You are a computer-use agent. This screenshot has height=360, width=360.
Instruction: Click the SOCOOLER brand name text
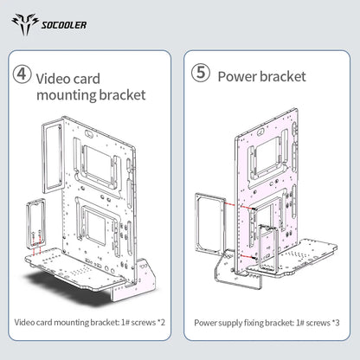click(x=64, y=25)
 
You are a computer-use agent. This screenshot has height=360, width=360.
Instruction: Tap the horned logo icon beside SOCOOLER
click(x=25, y=24)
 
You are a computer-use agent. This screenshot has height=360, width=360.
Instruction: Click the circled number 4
click(x=22, y=74)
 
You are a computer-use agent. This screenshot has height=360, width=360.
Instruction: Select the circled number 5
click(x=201, y=73)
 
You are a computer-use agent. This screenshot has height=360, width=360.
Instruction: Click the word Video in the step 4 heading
click(x=54, y=79)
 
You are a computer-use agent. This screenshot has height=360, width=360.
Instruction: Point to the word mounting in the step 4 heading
click(x=66, y=95)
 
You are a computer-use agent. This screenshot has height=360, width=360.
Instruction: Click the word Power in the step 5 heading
click(x=236, y=77)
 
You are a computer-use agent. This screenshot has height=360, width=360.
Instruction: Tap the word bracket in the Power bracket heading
click(x=283, y=76)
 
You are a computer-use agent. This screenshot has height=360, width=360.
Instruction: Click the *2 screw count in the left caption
click(x=161, y=322)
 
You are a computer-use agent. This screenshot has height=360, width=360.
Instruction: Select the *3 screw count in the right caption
click(x=336, y=323)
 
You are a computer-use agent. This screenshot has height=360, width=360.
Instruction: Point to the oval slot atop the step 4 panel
click(x=88, y=134)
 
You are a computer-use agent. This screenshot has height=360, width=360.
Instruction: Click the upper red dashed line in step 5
click(x=239, y=206)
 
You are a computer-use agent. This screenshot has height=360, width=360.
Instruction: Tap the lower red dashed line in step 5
click(x=247, y=257)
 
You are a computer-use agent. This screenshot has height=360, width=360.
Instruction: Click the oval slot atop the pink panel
click(x=260, y=132)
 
